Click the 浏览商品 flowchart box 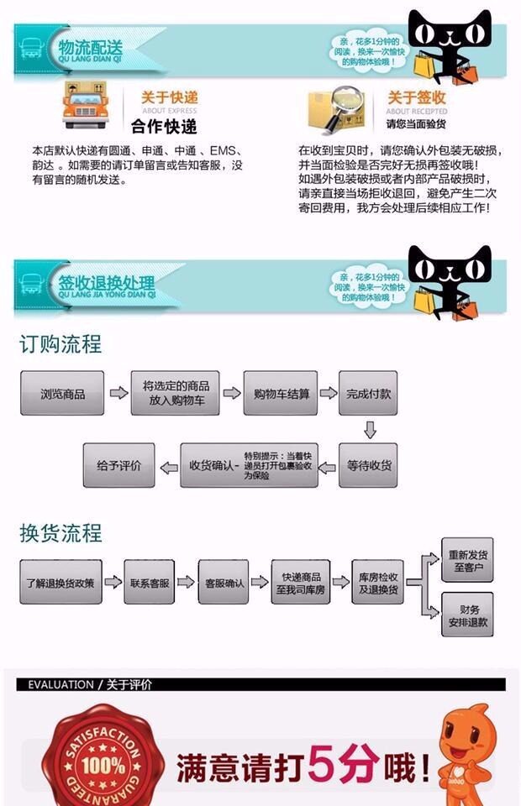(62, 393)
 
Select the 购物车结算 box (280, 393)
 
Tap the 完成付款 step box (368, 393)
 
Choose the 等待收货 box (368, 465)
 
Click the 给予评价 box (118, 465)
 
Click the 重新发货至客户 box (469, 561)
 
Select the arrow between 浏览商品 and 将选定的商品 (118, 393)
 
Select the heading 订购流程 (61, 344)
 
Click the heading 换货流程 (61, 533)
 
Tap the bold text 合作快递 (164, 127)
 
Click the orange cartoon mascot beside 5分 (469, 754)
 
